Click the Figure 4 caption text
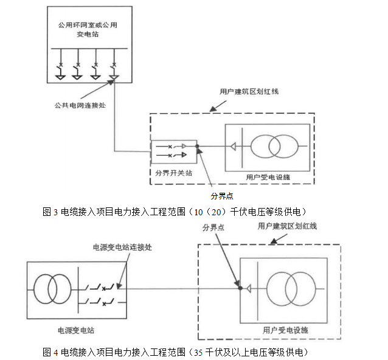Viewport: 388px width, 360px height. pyautogui.click(x=176, y=352)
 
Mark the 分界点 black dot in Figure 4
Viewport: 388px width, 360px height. pyautogui.click(x=241, y=288)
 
